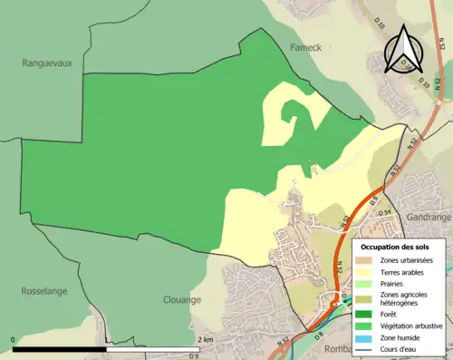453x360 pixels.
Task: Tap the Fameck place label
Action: click(x=306, y=45)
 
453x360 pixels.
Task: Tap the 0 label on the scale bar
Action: click(x=14, y=339)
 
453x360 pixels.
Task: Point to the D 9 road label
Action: click(x=373, y=196)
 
